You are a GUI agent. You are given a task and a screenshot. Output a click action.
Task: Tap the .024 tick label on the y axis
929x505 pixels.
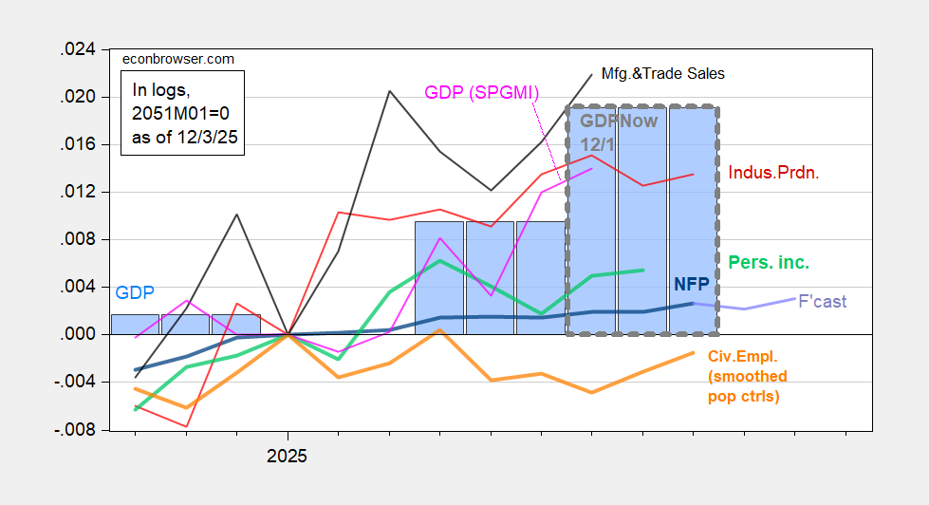pos(79,50)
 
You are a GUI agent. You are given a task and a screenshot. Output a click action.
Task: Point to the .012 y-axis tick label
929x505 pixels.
pos(79,193)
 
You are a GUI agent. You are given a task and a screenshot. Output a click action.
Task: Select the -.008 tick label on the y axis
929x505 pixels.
pos(77,430)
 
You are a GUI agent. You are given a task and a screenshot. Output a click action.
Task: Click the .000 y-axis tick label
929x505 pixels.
pos(79,335)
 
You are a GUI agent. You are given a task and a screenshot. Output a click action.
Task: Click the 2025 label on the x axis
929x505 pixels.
pos(288,456)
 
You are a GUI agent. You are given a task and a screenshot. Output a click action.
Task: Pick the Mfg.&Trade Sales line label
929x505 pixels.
pos(664,72)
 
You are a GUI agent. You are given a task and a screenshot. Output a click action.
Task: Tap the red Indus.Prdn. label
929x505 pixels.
pos(774,174)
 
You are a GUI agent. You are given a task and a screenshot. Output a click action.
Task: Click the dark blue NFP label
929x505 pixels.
pos(692,283)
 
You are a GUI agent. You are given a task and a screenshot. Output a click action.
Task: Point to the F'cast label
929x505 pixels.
pos(822,302)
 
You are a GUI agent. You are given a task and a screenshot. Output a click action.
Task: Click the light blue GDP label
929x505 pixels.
pos(135,292)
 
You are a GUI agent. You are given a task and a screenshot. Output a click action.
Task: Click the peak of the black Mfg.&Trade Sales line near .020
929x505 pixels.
pos(389,91)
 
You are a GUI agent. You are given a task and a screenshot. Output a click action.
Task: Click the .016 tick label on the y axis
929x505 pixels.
pos(79,145)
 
